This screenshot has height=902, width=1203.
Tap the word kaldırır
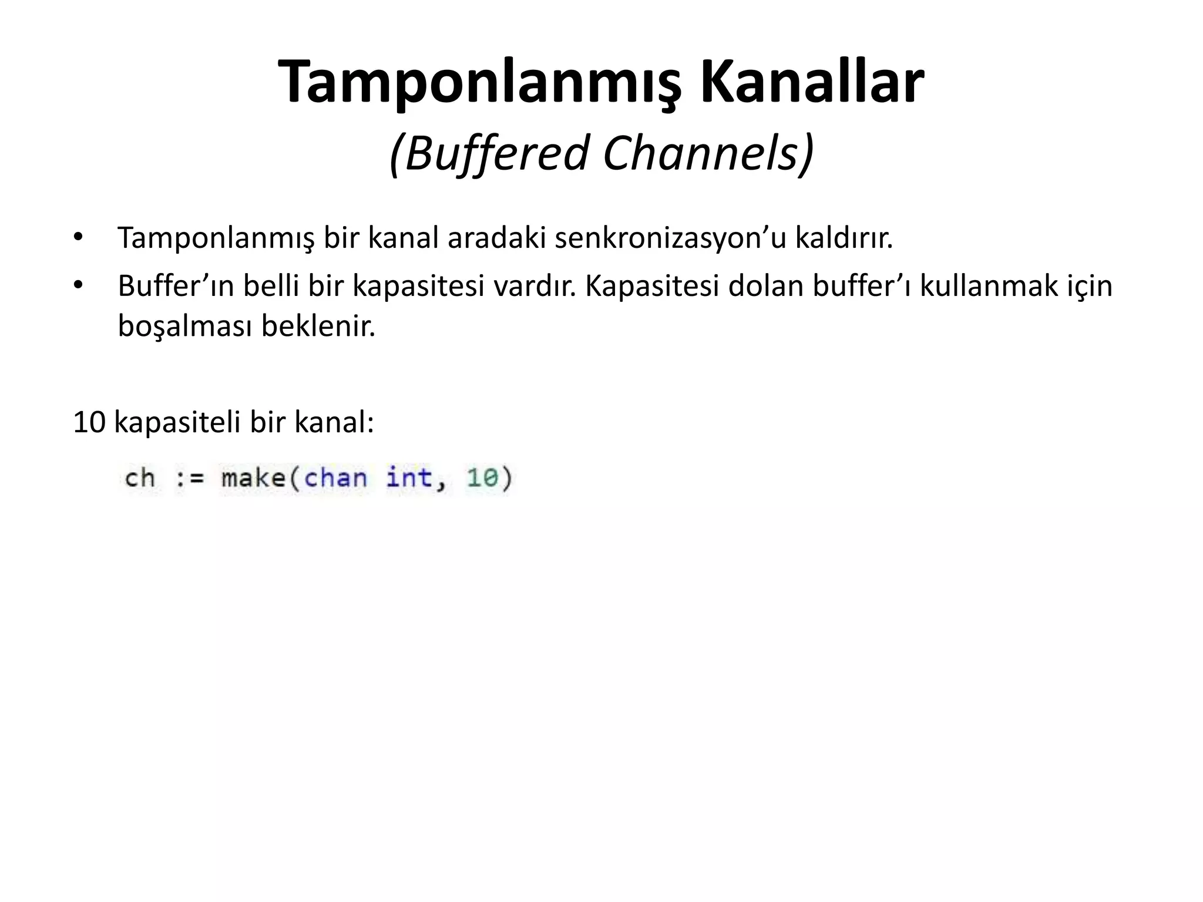click(844, 238)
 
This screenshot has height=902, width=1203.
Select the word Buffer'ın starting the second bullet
click(176, 287)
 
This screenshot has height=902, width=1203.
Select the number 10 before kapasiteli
click(89, 422)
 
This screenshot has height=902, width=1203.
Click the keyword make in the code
click(253, 478)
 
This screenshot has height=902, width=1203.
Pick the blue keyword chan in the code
click(335, 478)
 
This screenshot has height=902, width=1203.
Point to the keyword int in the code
click(409, 478)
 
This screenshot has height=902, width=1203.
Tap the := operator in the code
click(190, 478)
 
